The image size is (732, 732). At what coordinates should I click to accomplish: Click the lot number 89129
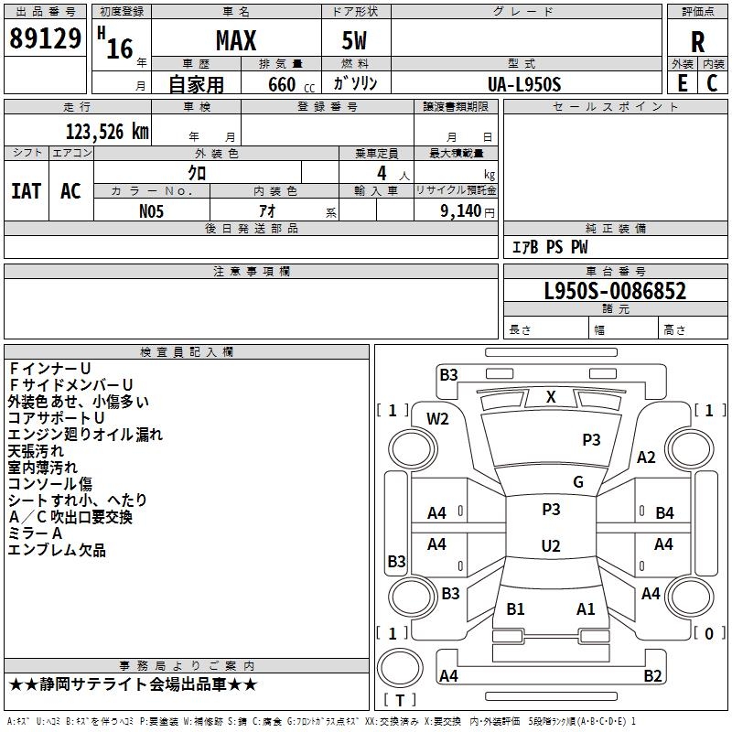click(45, 39)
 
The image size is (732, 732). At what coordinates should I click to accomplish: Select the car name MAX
click(235, 41)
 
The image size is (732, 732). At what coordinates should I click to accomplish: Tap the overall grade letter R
click(698, 42)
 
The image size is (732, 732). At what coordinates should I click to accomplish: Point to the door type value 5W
click(356, 41)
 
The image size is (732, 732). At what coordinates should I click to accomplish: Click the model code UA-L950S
click(524, 84)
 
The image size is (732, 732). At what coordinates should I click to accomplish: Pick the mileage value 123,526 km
click(106, 132)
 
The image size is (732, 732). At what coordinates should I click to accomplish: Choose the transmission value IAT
click(27, 191)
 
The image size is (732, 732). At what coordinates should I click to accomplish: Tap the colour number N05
click(152, 210)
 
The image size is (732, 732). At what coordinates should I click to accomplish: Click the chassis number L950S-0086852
click(615, 292)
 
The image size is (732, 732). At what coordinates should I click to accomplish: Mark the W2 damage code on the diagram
click(438, 419)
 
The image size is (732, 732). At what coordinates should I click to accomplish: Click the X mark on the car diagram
click(551, 397)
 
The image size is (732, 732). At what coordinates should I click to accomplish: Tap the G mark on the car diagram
click(578, 482)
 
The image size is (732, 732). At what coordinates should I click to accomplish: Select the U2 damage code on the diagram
click(551, 546)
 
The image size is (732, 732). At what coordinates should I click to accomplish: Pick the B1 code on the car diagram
click(515, 609)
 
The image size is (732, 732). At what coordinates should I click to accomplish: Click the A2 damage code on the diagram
click(647, 457)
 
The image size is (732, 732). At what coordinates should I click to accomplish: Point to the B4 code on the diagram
click(664, 513)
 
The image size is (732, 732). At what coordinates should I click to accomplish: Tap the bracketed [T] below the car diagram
click(400, 700)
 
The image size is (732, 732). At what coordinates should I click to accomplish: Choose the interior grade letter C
click(712, 83)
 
